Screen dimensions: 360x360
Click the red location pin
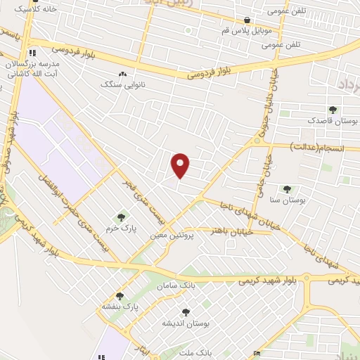[x=181, y=165]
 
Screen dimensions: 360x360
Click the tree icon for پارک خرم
[x=121, y=218]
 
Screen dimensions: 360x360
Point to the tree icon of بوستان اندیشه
[x=186, y=312]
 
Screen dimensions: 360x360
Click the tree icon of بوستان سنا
[x=287, y=189]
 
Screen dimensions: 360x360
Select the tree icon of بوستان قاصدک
[x=333, y=110]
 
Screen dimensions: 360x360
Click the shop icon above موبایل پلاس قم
[x=247, y=20]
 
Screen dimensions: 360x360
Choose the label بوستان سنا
[x=290, y=200]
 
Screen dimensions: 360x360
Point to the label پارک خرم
[x=122, y=229]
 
